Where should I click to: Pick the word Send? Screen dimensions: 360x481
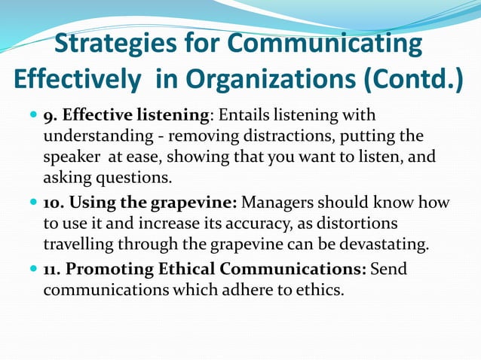pos(389,269)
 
